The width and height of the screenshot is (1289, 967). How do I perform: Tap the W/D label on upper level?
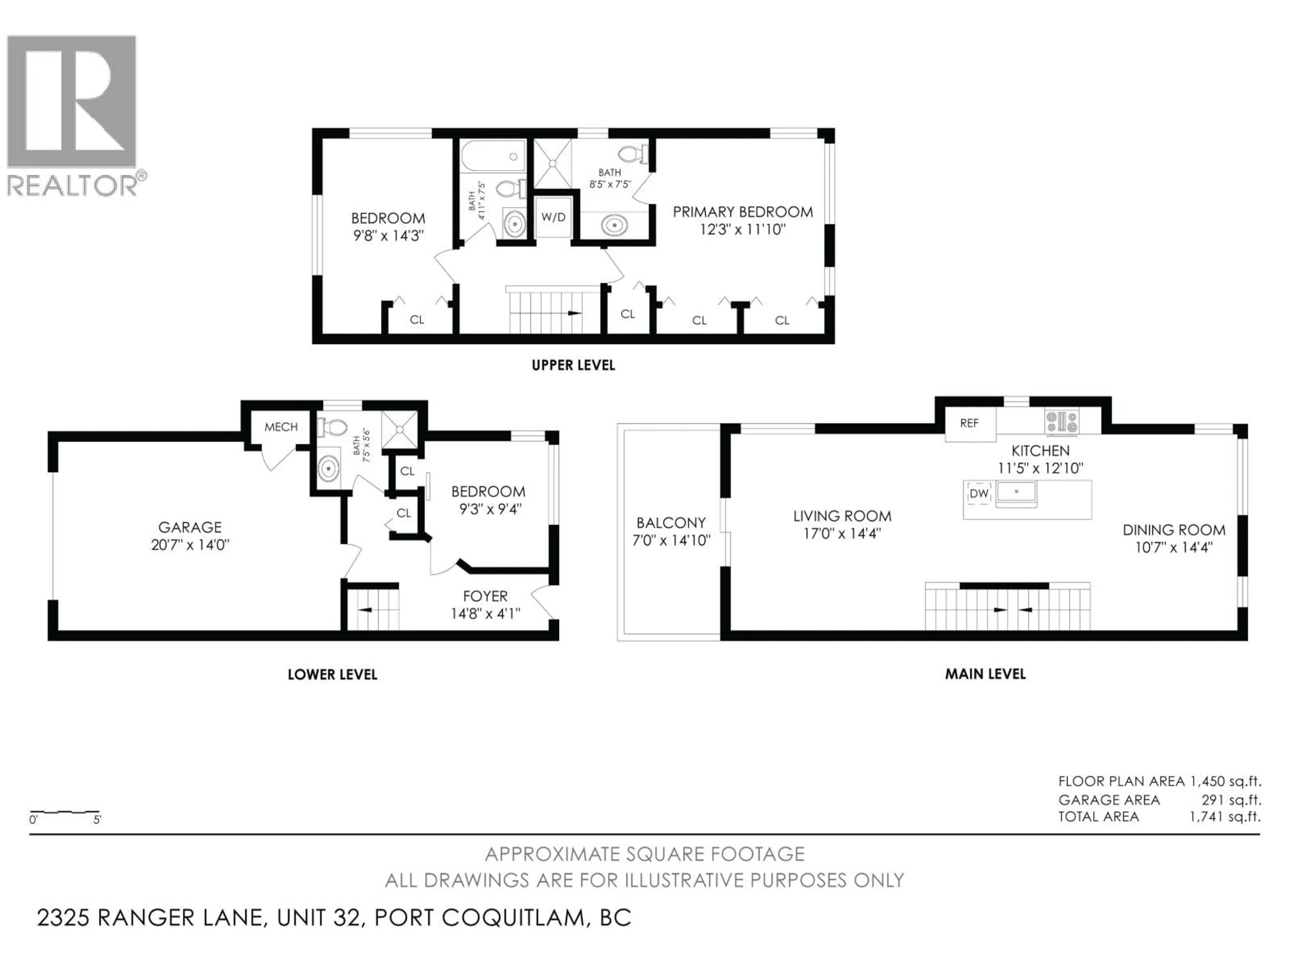tap(553, 218)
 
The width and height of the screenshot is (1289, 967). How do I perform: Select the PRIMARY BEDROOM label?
tap(743, 212)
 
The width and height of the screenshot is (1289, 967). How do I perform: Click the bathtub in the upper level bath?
tap(493, 157)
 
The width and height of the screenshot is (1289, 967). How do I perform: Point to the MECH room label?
tap(281, 427)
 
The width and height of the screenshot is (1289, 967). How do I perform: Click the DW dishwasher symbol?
tap(979, 494)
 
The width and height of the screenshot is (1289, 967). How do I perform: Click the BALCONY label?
tap(671, 523)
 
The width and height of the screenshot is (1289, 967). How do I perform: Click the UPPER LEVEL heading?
tap(573, 365)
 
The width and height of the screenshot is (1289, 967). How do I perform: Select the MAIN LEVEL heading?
tap(985, 675)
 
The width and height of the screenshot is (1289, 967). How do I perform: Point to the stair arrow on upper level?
tap(574, 313)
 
